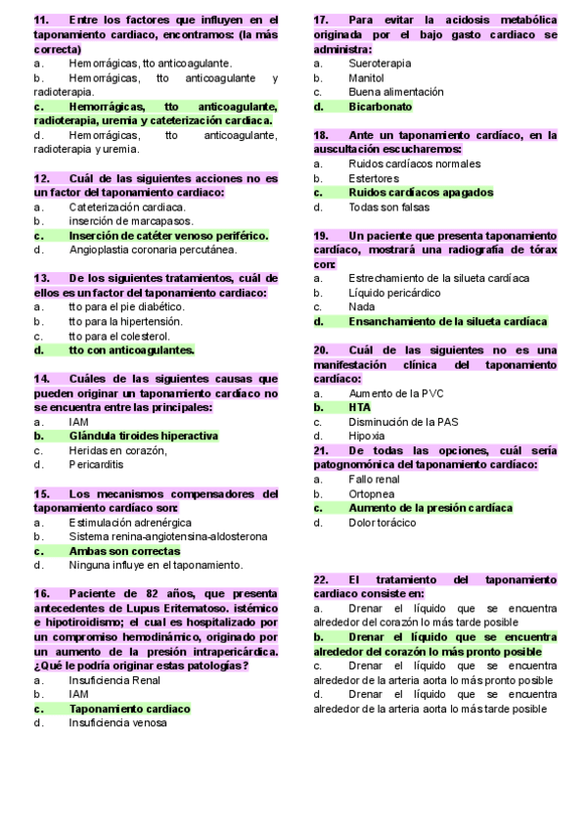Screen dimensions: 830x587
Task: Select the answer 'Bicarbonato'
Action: click(380, 107)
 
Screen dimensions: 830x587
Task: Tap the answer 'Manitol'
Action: click(366, 77)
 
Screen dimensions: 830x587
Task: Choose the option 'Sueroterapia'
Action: click(380, 63)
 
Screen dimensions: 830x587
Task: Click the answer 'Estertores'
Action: click(374, 179)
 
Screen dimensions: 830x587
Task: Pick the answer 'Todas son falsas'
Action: click(388, 207)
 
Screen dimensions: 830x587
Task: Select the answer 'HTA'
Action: click(359, 407)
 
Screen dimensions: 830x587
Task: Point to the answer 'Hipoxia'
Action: click(366, 436)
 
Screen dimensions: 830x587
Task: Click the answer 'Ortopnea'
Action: click(371, 494)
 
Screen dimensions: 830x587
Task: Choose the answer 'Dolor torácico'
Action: click(382, 523)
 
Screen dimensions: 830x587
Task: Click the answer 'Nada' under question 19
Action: click(361, 306)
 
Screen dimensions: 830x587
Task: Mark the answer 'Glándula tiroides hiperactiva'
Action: click(143, 436)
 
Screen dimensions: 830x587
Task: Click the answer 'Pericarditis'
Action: click(96, 465)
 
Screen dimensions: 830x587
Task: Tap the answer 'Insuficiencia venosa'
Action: click(117, 723)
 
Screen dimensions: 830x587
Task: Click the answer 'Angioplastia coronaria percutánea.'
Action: click(153, 250)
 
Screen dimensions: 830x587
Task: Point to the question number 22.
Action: click(321, 579)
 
